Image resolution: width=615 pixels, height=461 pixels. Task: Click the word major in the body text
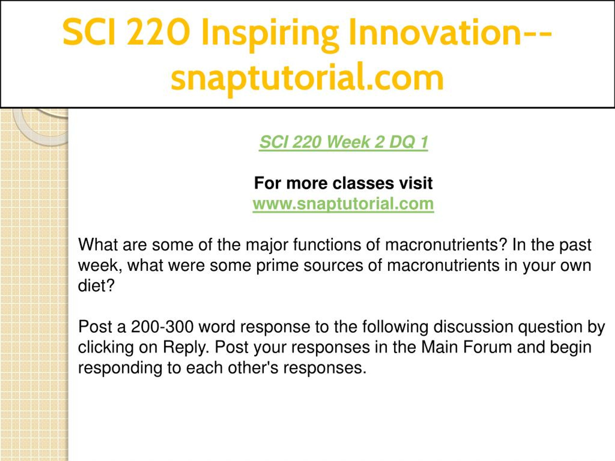(x=267, y=245)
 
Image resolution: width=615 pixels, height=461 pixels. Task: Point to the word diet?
(x=96, y=285)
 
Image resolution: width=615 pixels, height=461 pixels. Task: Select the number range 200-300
(x=162, y=327)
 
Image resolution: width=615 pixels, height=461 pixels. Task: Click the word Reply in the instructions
(x=186, y=348)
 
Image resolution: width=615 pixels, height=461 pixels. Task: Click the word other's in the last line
(x=253, y=368)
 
